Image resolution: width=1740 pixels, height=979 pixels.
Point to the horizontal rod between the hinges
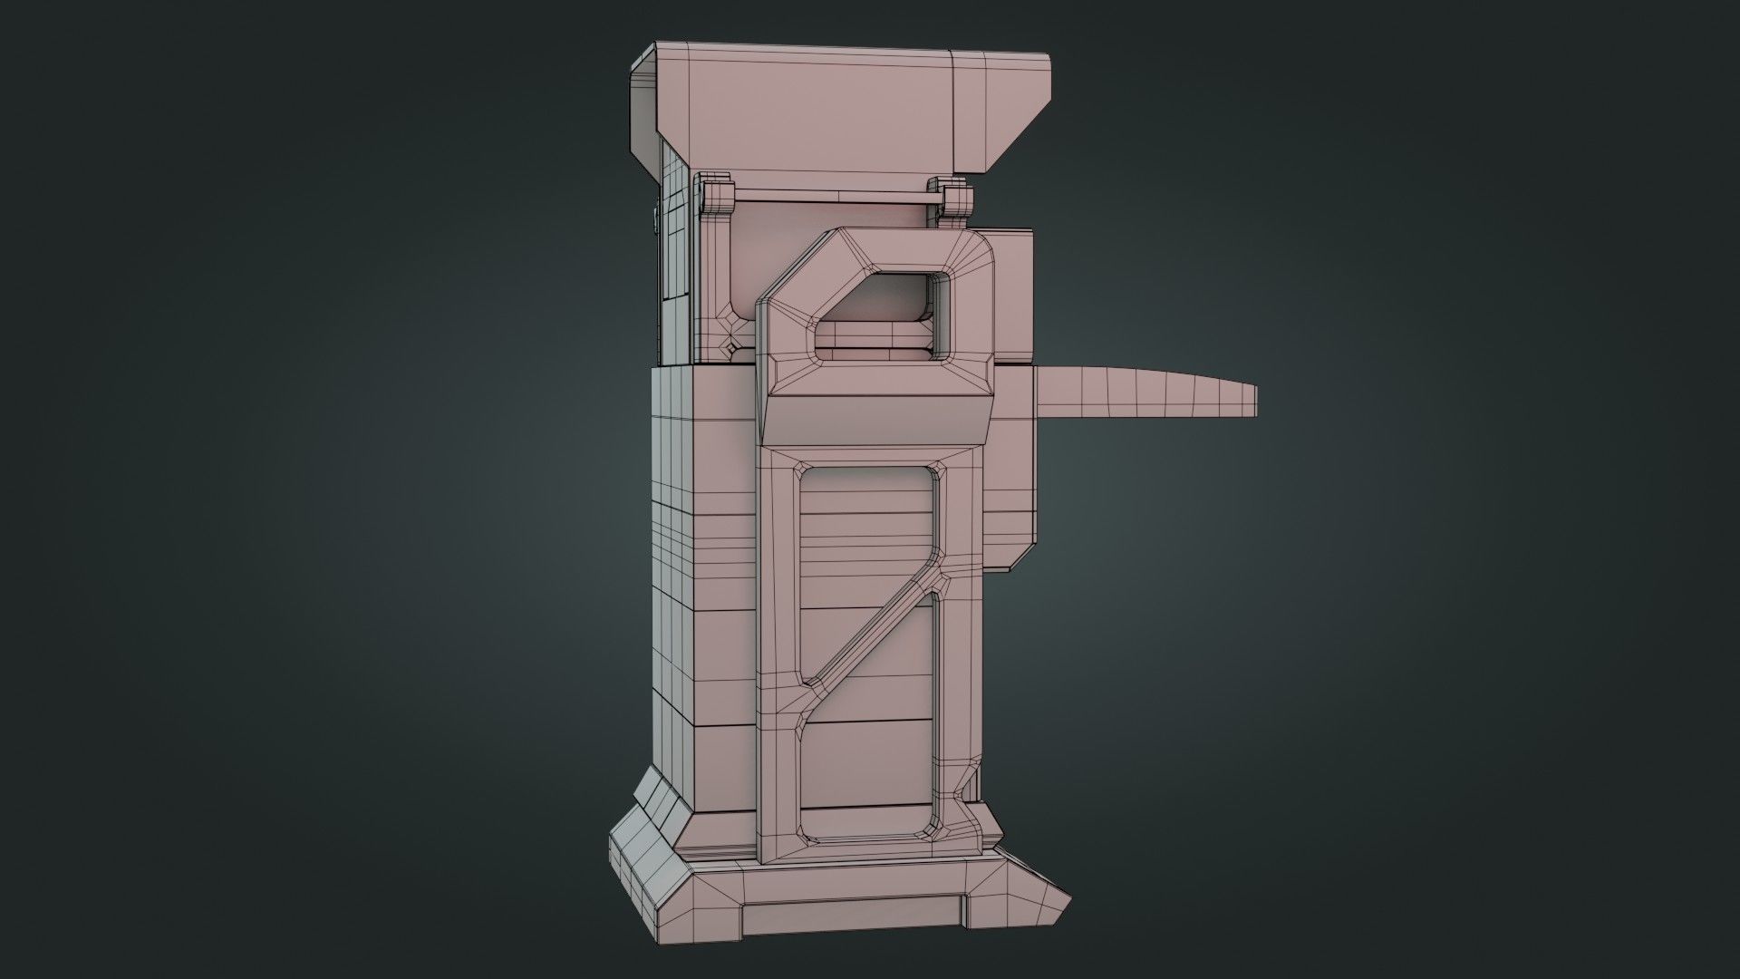834,195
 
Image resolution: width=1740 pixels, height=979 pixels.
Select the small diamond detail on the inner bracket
730,346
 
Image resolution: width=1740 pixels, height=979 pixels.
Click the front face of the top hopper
816,118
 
